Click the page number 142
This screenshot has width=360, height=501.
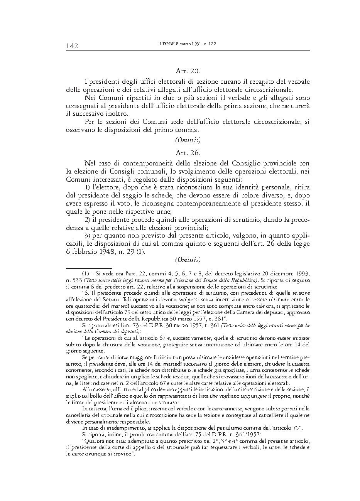point(72,46)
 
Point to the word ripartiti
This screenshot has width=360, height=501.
point(143,98)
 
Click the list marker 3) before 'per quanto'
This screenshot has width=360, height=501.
point(87,235)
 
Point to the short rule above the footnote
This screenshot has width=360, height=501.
point(89,268)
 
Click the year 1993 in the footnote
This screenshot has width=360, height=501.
point(303,273)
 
